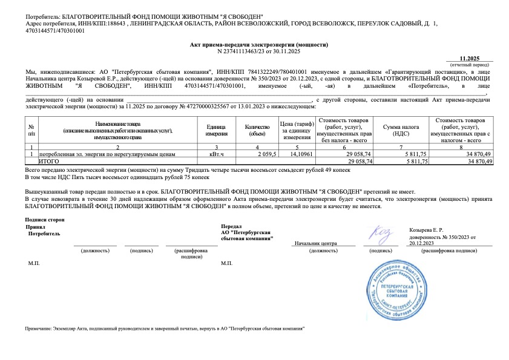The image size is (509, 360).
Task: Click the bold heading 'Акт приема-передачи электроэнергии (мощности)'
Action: point(259,45)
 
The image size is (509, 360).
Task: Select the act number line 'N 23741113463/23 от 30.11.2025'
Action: point(258,51)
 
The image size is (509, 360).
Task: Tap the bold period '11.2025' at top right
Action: point(470,57)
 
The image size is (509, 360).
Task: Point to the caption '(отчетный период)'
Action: point(470,63)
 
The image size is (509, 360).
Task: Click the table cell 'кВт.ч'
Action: point(216,155)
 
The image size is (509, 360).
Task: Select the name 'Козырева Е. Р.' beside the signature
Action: point(427,231)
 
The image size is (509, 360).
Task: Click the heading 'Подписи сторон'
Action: point(45,219)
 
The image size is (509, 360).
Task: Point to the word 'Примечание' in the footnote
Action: point(38,327)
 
